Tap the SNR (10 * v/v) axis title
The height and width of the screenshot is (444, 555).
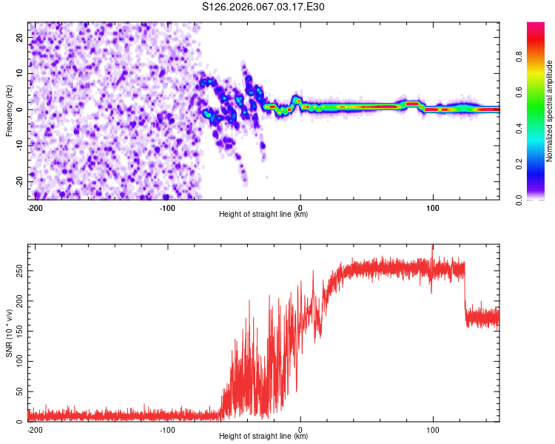[x=9, y=333]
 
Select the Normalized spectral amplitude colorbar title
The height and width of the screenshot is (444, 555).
[x=549, y=111]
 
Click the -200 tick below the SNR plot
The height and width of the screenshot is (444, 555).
[x=34, y=429]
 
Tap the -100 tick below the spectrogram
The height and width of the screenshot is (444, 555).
[x=167, y=207]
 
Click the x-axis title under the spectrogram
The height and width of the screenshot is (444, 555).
[x=263, y=215]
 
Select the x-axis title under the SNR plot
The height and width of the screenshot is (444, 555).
[x=263, y=437]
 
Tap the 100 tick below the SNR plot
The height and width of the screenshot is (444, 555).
[x=433, y=429]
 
